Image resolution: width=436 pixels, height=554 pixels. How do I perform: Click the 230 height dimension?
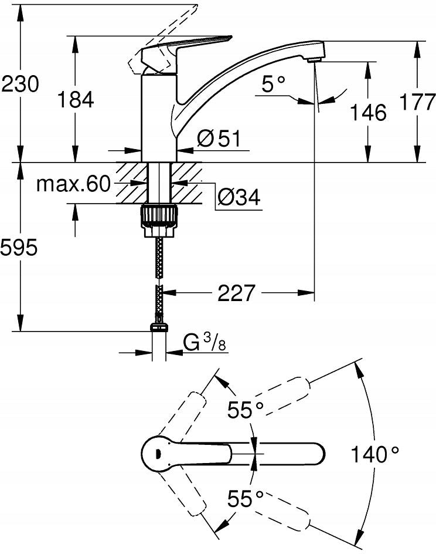tap(21, 85)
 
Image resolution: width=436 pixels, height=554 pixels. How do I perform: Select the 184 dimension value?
tap(76, 100)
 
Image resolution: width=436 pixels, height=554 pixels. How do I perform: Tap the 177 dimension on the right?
tap(417, 101)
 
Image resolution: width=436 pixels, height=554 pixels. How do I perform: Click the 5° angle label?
tap(273, 85)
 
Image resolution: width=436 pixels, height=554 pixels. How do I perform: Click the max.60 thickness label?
tap(73, 184)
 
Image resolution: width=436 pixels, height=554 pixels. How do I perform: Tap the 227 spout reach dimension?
tap(236, 292)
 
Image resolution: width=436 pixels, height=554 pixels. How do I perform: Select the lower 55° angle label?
tap(246, 499)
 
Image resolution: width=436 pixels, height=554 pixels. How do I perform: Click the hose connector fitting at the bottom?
tap(158, 329)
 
